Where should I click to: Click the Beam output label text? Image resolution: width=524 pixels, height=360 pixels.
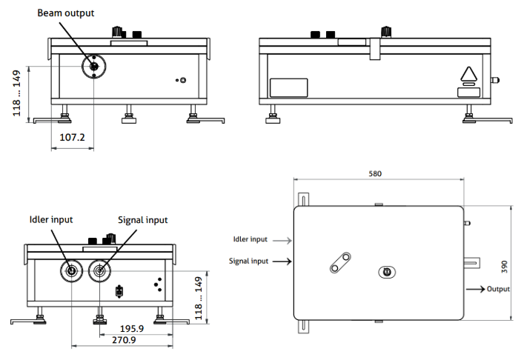point(66,13)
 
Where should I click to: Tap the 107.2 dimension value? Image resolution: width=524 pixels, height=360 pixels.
point(72,138)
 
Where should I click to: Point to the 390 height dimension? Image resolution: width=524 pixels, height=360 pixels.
point(517,265)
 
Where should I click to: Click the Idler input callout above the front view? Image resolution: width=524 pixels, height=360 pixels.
point(51,220)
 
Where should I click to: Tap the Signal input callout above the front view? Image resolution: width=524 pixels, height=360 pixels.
point(143,220)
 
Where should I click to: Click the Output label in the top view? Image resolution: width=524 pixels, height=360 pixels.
point(499,288)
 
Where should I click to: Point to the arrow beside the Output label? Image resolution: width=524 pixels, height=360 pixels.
point(475,288)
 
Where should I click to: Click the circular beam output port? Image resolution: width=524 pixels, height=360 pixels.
point(94,67)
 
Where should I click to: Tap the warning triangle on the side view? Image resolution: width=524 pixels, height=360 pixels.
point(468,74)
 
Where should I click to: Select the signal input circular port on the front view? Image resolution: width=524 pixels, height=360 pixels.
point(99,271)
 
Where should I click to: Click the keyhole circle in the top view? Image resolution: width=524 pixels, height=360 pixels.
point(385,271)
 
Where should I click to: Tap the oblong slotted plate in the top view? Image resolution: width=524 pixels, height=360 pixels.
point(341,261)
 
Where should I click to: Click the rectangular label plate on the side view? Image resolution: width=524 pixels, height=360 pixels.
point(288,88)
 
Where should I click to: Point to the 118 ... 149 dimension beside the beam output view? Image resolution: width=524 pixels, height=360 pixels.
point(17,93)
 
